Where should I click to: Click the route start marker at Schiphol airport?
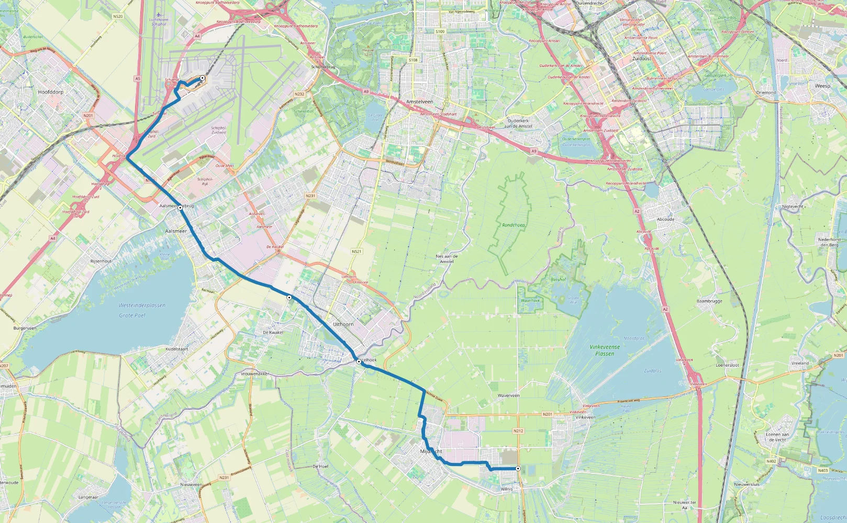tap(202, 78)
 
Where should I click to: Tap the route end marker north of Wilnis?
tap(518, 469)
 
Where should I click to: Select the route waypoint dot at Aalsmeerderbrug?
tap(180, 208)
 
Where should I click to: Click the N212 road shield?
tap(518, 431)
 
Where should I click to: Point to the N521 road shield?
tap(356, 252)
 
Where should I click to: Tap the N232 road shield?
tap(299, 94)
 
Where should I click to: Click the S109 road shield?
tap(440, 32)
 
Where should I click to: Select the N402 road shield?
tap(771, 461)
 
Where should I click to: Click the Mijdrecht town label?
tap(431, 451)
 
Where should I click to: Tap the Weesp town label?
tap(822, 86)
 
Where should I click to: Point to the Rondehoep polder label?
tap(513, 225)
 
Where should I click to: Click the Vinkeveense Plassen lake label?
tap(605, 350)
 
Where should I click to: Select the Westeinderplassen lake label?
tap(142, 305)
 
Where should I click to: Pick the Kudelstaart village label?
tap(176, 349)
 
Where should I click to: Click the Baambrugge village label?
tap(709, 301)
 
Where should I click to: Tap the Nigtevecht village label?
tap(792, 207)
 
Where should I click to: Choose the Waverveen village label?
tap(508, 395)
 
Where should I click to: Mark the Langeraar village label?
tap(88, 497)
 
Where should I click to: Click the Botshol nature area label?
tap(558, 279)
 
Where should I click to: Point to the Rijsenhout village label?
tap(101, 261)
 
